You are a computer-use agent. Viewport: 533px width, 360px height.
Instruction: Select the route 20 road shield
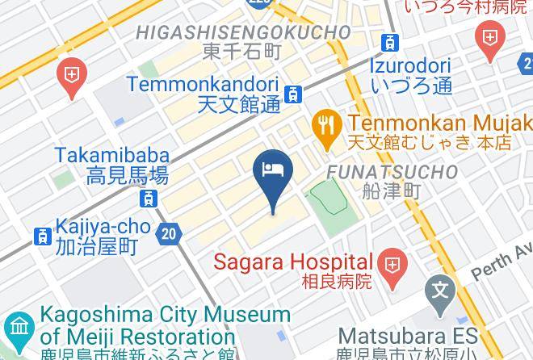point(168,234)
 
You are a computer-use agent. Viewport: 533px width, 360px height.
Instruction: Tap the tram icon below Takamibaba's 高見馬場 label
point(148,198)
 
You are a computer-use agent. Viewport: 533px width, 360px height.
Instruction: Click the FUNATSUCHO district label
point(391,172)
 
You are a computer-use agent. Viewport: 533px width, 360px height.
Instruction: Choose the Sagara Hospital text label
point(294,262)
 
